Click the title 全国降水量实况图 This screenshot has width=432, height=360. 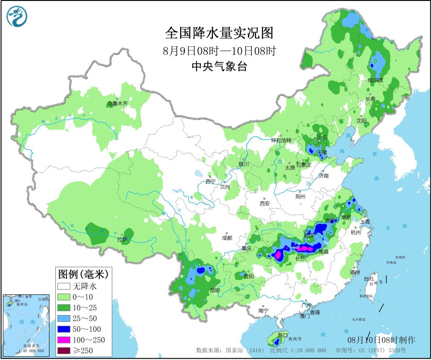click(x=219, y=33)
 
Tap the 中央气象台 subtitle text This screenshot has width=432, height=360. click(x=219, y=66)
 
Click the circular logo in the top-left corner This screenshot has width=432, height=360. click(x=17, y=16)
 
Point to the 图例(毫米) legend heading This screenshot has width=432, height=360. click(x=82, y=274)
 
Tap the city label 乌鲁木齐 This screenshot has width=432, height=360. click(x=118, y=104)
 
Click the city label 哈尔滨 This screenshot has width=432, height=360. click(x=375, y=80)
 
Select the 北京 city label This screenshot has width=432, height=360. click(x=322, y=137)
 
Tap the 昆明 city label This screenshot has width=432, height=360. click(x=215, y=290)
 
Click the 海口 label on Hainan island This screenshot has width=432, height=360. click(x=283, y=335)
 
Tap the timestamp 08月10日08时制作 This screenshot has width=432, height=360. click(x=381, y=340)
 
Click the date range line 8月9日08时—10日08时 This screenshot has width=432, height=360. click(x=219, y=51)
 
